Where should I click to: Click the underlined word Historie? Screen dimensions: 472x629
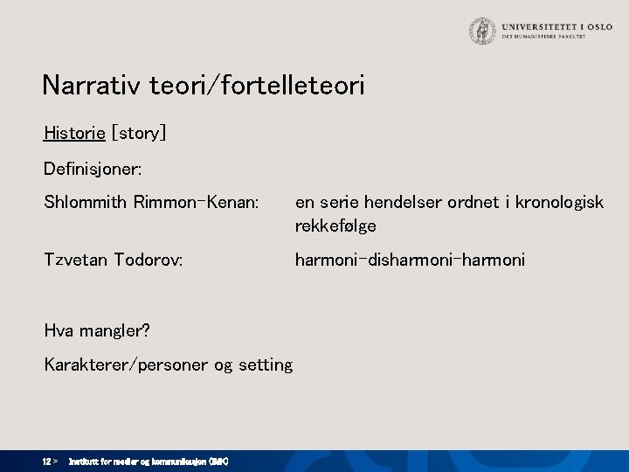point(73,133)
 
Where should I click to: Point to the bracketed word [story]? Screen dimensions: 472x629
point(138,133)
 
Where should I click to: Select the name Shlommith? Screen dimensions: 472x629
point(86,202)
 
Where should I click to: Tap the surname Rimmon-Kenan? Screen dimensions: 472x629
point(197,202)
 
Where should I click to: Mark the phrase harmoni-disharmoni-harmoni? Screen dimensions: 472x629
point(410,260)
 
